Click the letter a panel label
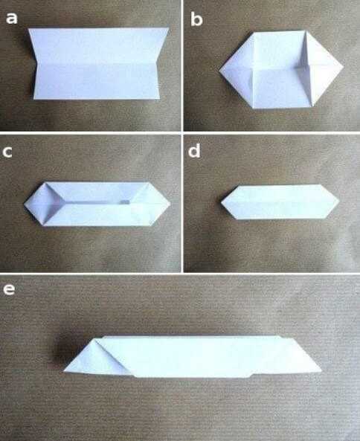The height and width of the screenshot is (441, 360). pos(12,18)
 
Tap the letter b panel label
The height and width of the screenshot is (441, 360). pos(196,19)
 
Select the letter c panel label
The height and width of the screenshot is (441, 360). pos(7,152)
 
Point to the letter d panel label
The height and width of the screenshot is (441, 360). pos(194,150)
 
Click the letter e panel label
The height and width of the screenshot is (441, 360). pos(9,289)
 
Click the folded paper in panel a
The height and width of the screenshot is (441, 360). pos(98,63)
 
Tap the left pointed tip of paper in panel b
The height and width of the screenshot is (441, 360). pos(219,69)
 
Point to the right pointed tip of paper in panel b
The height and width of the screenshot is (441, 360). pos(344,67)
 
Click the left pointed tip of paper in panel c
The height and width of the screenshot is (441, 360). pos(25,204)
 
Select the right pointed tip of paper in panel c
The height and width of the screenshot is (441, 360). pos(170,203)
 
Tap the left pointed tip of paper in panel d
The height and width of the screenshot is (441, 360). pos(221,202)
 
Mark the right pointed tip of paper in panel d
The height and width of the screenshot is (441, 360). pos(339,201)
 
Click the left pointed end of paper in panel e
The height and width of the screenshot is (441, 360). pos(64,370)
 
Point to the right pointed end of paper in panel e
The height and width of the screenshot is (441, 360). pos(321,370)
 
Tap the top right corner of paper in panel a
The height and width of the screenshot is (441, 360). pos(169,28)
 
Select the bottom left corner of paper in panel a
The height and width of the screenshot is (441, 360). pos(34,99)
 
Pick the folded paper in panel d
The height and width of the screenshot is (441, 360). pos(280,202)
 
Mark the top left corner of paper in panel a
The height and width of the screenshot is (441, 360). pos(28,28)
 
